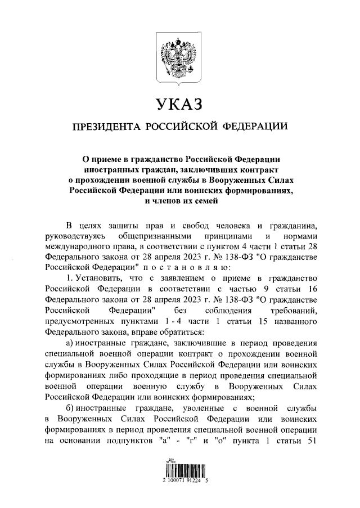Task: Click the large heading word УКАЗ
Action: pyautogui.click(x=179, y=105)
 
